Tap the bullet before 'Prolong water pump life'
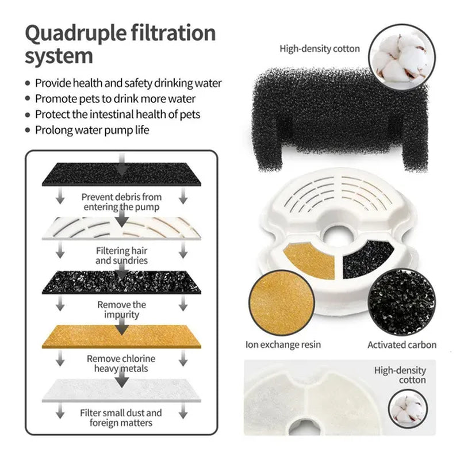pos(28,130)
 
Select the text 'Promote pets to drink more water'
pos(116,99)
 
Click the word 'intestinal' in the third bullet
pos(111,114)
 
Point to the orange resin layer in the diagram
pos(121,336)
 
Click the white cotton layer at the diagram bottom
pos(121,390)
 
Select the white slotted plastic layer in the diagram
pos(121,228)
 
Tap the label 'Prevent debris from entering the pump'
pos(121,202)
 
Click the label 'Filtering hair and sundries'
pos(121,255)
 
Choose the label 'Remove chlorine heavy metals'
pos(121,363)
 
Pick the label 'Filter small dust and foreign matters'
pos(121,418)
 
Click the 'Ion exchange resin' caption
pos(283,344)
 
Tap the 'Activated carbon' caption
pos(402,344)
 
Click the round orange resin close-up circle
pos(282,303)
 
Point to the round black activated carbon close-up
pos(402,302)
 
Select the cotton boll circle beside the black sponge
pos(402,57)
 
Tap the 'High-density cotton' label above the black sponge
pos(320,48)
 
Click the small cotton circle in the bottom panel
pos(408,409)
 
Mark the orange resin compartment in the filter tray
pos(311,260)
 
